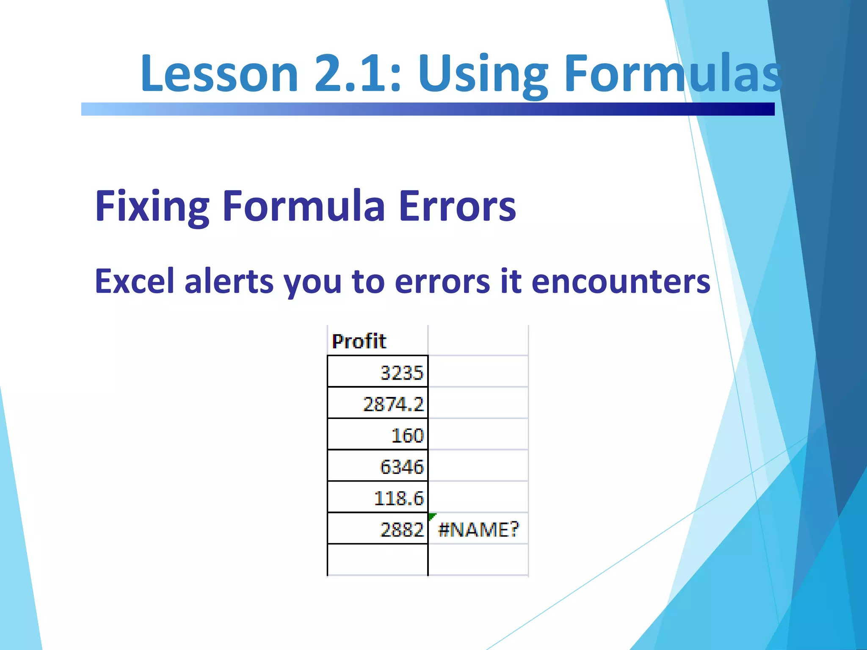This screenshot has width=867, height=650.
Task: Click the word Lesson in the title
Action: click(219, 73)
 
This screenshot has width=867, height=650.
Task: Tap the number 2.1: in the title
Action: click(358, 73)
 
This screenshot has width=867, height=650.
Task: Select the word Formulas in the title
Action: click(673, 73)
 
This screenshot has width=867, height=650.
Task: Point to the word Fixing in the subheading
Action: click(152, 207)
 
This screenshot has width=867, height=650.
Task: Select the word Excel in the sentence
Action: click(135, 281)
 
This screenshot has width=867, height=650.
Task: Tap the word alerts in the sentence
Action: click(229, 281)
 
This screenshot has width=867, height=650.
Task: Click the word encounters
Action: click(621, 281)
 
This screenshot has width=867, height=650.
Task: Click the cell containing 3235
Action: click(378, 372)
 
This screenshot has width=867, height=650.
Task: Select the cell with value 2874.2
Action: click(378, 403)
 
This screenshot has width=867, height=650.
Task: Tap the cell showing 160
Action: click(378, 435)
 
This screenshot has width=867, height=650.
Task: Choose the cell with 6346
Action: click(378, 466)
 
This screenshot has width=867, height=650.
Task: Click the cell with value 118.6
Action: click(378, 497)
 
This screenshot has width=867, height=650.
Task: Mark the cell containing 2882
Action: click(378, 529)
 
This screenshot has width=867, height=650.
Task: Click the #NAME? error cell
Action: click(478, 529)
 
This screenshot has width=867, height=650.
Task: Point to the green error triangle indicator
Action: click(431, 516)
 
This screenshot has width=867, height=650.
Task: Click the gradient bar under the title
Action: click(428, 109)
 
